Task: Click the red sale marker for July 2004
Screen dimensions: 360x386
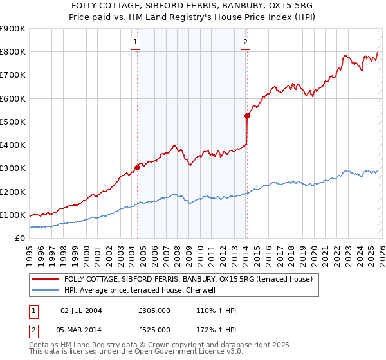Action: (x=137, y=167)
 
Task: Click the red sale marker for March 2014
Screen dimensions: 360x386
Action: (x=247, y=116)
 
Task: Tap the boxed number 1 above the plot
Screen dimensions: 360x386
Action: (x=136, y=43)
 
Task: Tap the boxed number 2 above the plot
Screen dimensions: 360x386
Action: (x=246, y=43)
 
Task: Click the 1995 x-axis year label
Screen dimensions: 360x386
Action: (x=30, y=251)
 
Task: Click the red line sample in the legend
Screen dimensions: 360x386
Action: (x=46, y=279)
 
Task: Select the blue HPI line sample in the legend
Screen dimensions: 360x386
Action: (x=46, y=290)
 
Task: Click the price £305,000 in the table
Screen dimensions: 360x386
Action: (x=154, y=310)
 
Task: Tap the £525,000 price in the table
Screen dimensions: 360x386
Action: (x=154, y=329)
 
